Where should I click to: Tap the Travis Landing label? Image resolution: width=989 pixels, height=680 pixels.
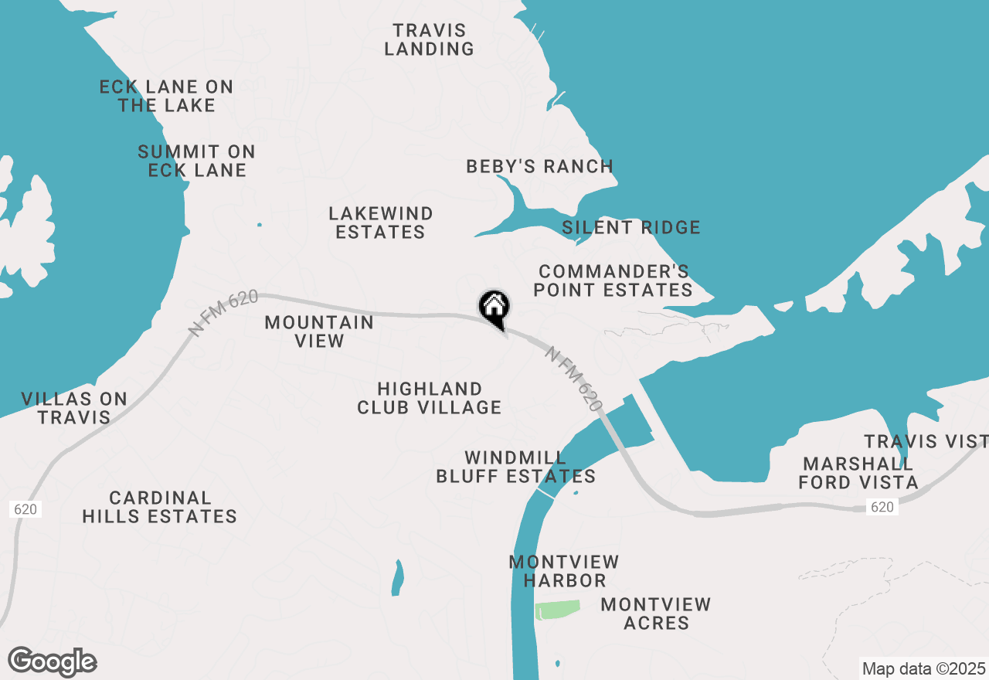pyautogui.click(x=430, y=39)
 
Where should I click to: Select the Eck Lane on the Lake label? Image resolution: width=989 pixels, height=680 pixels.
pyautogui.click(x=166, y=96)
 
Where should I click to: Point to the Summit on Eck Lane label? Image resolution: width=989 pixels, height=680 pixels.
pyautogui.click(x=197, y=161)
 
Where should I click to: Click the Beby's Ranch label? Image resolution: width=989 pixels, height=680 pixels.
pyautogui.click(x=539, y=166)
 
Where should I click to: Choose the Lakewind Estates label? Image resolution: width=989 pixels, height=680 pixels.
pyautogui.click(x=380, y=223)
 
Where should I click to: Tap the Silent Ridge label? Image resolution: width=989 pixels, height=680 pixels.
pyautogui.click(x=631, y=227)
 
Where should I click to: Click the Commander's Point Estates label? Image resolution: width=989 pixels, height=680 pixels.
pyautogui.click(x=615, y=280)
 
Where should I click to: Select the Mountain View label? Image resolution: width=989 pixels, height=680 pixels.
pyautogui.click(x=319, y=331)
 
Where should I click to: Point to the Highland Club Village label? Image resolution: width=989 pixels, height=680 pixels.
pyautogui.click(x=430, y=398)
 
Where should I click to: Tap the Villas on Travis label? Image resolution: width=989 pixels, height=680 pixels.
pyautogui.click(x=74, y=408)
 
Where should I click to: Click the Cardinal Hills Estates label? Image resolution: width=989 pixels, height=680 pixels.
pyautogui.click(x=160, y=507)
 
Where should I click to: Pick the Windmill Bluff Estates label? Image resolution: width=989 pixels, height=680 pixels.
pyautogui.click(x=516, y=467)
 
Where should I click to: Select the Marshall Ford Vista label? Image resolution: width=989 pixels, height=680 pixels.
pyautogui.click(x=858, y=473)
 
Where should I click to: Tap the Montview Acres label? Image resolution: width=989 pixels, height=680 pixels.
pyautogui.click(x=656, y=614)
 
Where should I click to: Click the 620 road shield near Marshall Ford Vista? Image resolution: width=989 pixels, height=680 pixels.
pyautogui.click(x=882, y=507)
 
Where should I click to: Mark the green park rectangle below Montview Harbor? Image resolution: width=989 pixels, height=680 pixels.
pyautogui.click(x=557, y=610)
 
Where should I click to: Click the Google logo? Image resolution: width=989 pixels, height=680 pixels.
pyautogui.click(x=53, y=662)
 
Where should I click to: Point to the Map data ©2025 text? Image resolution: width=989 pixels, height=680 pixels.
pyautogui.click(x=923, y=668)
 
